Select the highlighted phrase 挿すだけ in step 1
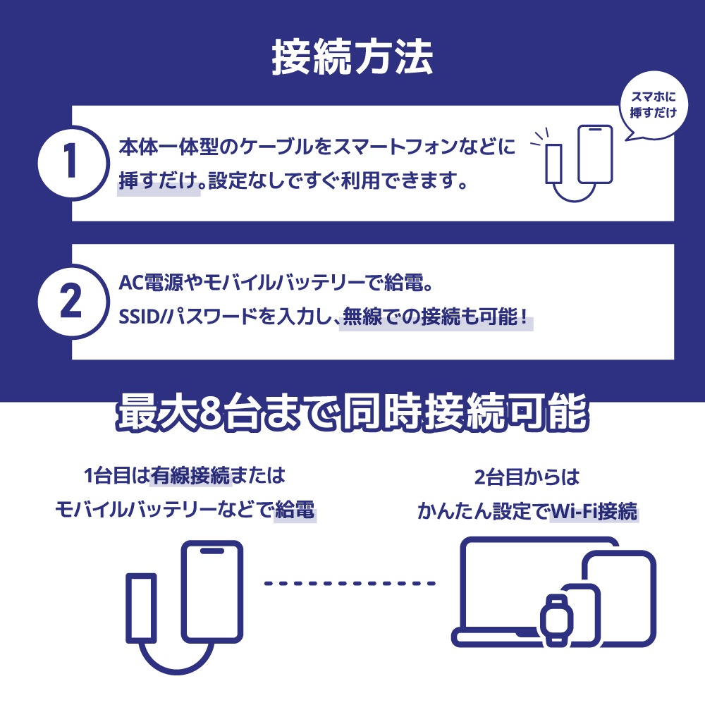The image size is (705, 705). [158, 183]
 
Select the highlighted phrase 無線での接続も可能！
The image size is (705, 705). [436, 317]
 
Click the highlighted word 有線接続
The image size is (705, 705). [191, 477]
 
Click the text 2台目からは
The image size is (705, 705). [527, 477]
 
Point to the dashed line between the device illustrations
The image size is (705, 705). [350, 584]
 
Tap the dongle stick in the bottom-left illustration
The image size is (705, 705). [141, 608]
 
